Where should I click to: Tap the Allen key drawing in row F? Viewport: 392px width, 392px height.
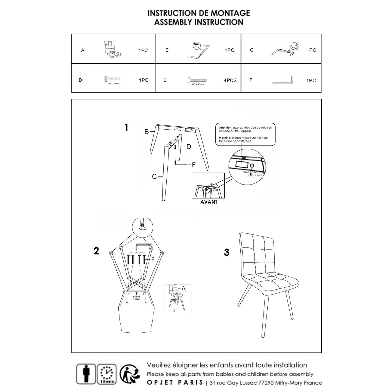pos(283,81)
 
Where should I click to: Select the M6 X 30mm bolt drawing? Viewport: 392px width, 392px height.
pos(112,79)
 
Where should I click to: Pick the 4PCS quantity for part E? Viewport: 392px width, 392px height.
pos(230,80)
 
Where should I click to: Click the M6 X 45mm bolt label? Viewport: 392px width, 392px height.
pos(198,84)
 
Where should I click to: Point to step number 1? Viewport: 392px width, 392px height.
pos(126,127)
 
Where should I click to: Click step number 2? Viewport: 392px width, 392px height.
pos(96,251)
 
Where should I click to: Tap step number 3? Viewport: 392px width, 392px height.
pos(226,252)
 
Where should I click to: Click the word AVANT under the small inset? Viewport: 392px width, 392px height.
pos(209,202)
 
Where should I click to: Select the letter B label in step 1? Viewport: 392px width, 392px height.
pos(146,132)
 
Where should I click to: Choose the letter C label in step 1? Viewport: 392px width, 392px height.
pos(154,177)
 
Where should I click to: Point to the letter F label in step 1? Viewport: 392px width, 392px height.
pos(194,164)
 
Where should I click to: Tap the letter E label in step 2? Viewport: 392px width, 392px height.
pos(153,259)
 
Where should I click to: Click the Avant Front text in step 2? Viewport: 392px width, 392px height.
pos(136,298)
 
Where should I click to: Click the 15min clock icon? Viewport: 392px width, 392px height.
pos(107,374)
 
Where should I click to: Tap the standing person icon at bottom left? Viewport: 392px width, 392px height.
pos(86,374)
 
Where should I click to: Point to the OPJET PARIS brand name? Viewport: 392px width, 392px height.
pos(175,382)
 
